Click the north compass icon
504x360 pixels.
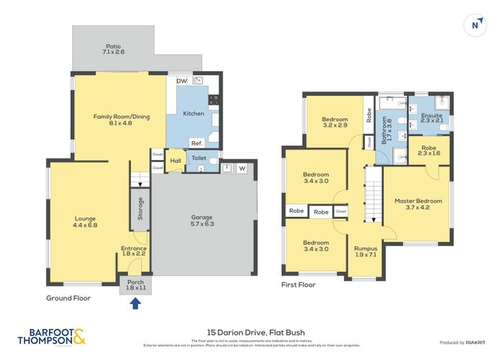coord(474,25)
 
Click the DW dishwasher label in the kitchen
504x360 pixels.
coord(181,81)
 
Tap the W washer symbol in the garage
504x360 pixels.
coord(242,169)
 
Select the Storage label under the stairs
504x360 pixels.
coord(140,210)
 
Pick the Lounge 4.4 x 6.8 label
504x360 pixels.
coord(85,221)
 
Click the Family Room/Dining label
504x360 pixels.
coord(121,120)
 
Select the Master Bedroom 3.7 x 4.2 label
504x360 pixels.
coord(418,205)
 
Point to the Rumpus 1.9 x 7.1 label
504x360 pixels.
coord(366,252)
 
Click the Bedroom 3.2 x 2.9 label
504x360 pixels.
coord(335,123)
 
